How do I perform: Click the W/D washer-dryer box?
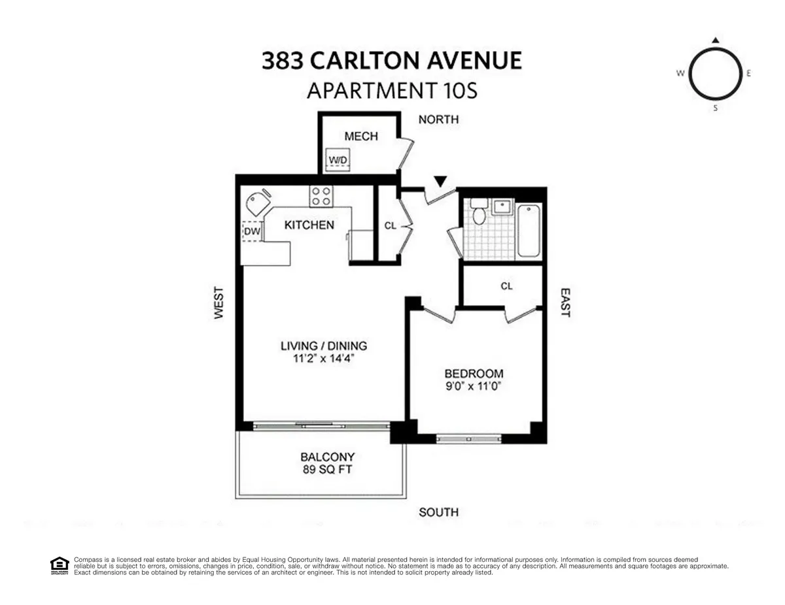338,159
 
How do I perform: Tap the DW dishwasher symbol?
252,231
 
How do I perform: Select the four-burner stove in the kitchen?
321,195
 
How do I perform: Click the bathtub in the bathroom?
529,230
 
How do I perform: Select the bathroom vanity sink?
502,206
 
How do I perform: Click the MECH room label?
360,136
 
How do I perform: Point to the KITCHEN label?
309,225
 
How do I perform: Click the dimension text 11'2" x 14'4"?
324,358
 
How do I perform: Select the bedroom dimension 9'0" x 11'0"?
474,385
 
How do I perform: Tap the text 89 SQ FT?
327,469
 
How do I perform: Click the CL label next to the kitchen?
390,226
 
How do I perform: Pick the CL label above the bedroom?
506,286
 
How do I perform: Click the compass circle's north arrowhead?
715,41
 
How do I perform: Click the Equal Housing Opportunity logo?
60,564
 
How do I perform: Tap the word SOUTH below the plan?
438,512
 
